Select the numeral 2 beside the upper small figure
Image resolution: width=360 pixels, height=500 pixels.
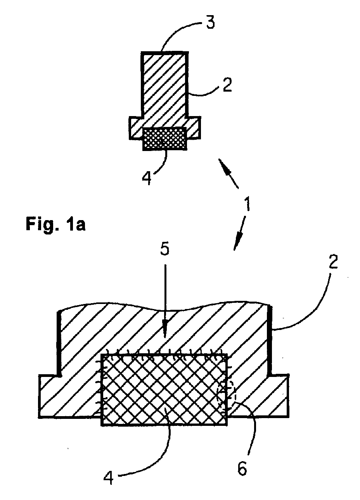pos(227,85)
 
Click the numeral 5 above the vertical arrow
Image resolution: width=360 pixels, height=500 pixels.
pos(164,248)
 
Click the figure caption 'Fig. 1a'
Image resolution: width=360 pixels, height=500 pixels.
pos(56,224)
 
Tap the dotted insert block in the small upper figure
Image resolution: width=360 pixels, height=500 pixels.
pos(164,139)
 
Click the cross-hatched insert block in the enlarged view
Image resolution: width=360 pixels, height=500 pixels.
pos(164,390)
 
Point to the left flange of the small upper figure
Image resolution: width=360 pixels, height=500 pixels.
pos(136,128)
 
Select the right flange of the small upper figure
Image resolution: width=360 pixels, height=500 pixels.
pos(194,128)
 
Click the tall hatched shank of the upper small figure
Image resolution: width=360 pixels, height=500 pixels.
pos(164,85)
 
